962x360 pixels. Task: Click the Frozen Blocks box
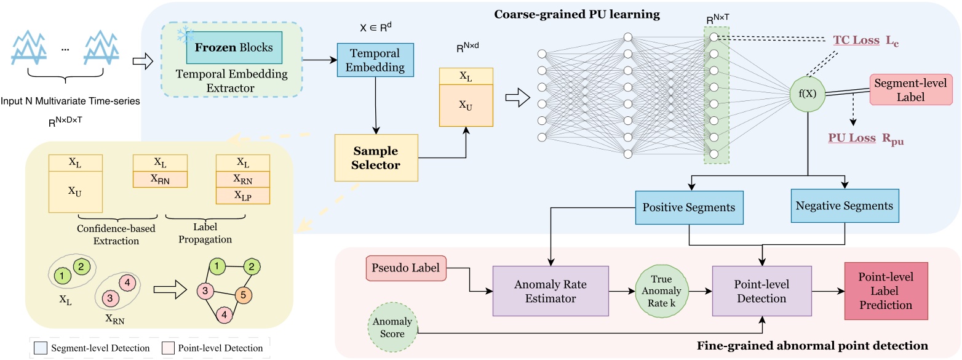pyautogui.click(x=234, y=47)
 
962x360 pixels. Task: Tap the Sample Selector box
pyautogui.click(x=376, y=158)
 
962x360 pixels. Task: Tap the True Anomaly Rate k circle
pyautogui.click(x=659, y=291)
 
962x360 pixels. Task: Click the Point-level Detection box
pyautogui.click(x=761, y=291)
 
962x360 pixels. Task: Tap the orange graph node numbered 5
pyautogui.click(x=243, y=295)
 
